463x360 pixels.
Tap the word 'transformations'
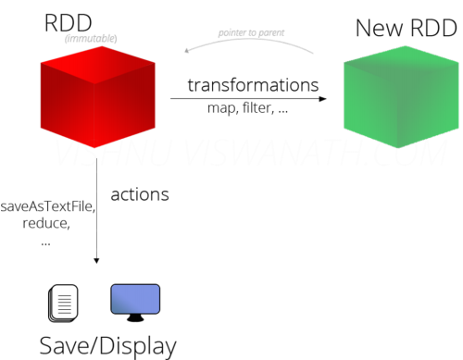(253, 84)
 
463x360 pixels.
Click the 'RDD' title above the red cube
(68, 22)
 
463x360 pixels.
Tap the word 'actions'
(140, 194)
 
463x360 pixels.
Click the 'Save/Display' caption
(106, 345)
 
